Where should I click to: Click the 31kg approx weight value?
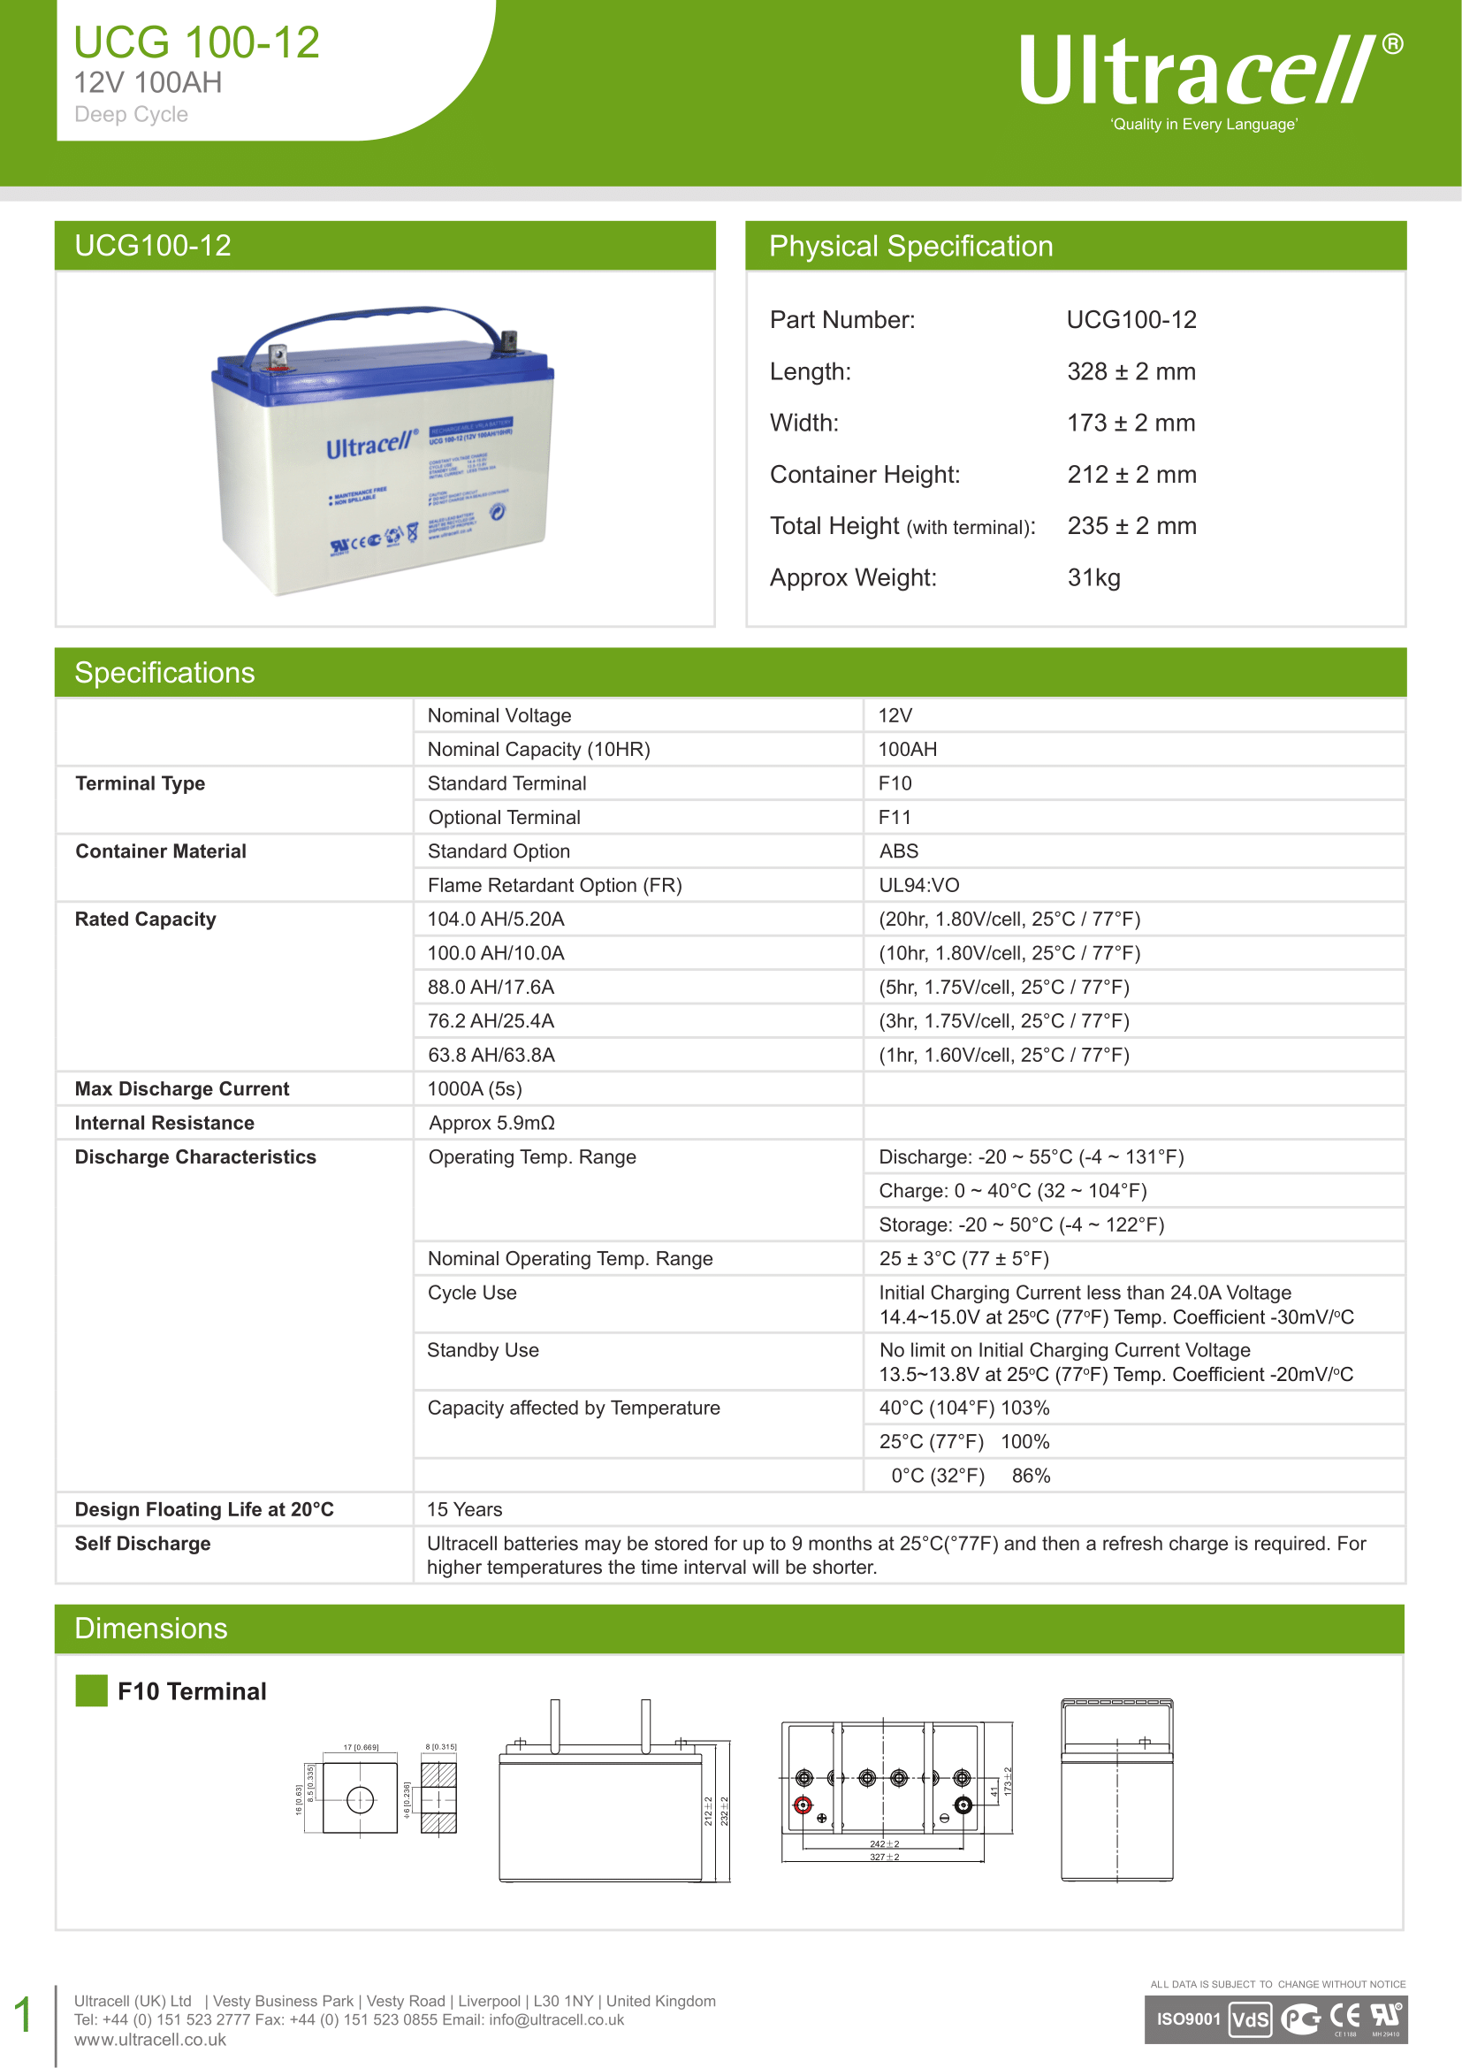click(1093, 577)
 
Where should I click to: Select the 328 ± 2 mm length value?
click(1131, 371)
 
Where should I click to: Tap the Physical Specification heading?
click(910, 246)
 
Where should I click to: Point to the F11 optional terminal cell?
click(895, 817)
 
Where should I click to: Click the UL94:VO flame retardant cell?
click(918, 885)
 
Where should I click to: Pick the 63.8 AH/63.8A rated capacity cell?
click(491, 1055)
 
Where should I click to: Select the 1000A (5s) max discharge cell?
click(475, 1089)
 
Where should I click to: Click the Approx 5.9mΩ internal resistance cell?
click(491, 1123)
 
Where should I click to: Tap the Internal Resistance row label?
click(164, 1123)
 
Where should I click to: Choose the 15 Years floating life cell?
click(465, 1509)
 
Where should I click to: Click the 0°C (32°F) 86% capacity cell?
click(971, 1476)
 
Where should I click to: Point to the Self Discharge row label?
click(142, 1544)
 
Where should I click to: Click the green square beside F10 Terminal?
click(91, 1690)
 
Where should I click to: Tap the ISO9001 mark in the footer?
click(1187, 2018)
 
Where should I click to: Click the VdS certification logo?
click(1250, 2019)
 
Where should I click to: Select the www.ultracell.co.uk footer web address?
click(149, 2040)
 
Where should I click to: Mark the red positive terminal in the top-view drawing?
click(802, 1805)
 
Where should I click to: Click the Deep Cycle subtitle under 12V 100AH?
click(132, 114)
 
